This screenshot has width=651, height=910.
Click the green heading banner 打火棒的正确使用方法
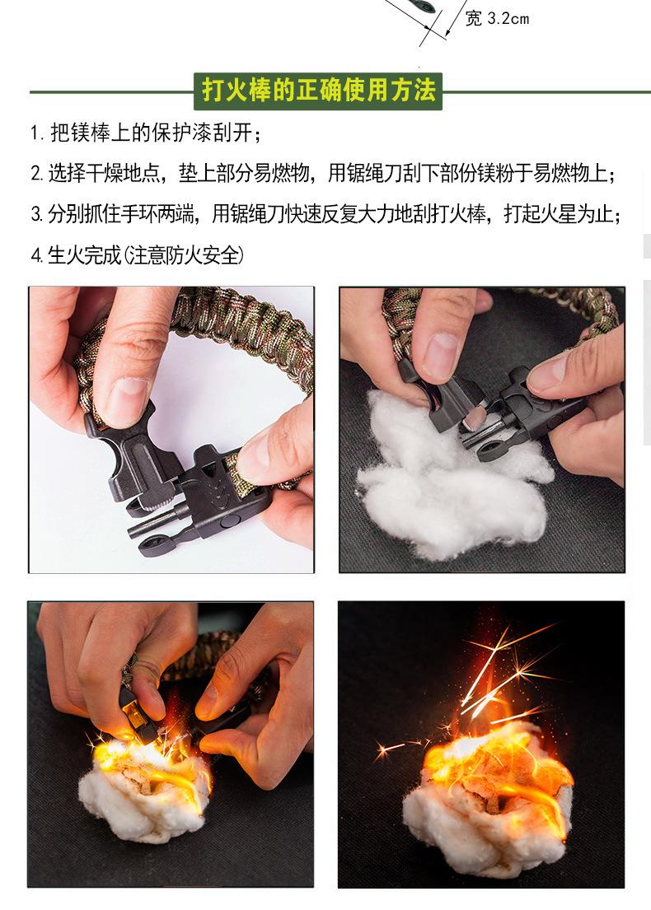point(317,91)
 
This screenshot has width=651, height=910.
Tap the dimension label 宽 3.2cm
point(497,19)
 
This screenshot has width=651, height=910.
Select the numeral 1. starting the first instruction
point(37,133)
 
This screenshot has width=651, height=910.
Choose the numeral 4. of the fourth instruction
point(36,254)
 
